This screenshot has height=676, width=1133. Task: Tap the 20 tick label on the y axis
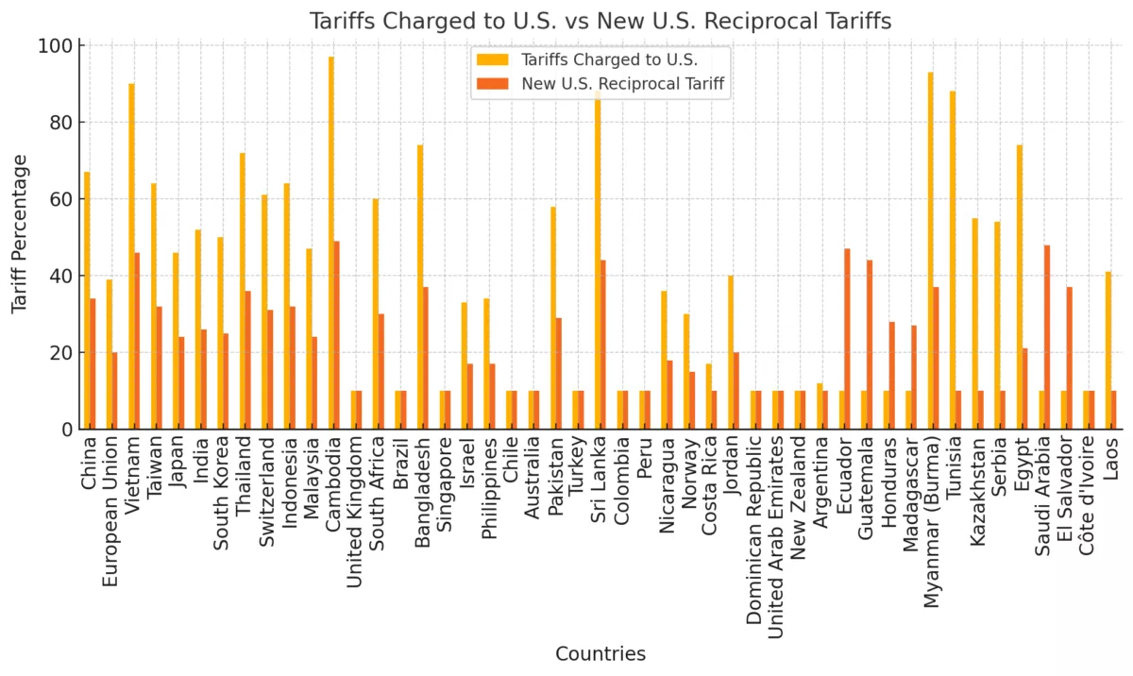pos(61,353)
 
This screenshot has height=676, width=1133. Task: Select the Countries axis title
pos(600,653)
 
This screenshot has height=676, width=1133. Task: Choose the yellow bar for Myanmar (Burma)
pos(930,250)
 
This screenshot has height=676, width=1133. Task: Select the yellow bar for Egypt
pos(1020,287)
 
